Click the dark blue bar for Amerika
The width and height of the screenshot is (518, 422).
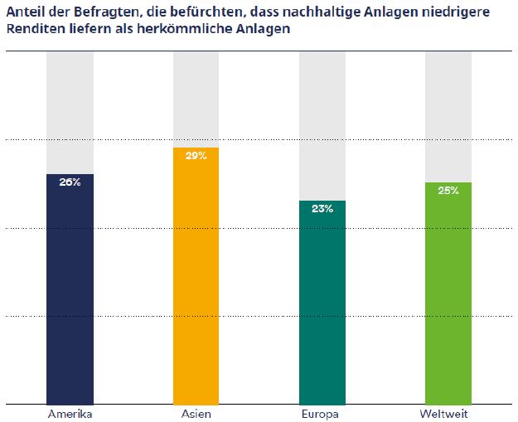point(70,290)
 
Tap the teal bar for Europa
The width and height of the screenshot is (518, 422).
point(322,303)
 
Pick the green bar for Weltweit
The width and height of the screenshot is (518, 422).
point(448,294)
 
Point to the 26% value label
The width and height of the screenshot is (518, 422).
point(70,182)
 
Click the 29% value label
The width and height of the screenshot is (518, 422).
point(196,155)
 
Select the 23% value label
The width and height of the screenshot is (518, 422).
point(322,208)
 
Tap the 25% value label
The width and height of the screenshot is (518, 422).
point(448,190)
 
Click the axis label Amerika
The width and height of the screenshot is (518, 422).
point(70,413)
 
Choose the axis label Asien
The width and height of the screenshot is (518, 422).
point(196,413)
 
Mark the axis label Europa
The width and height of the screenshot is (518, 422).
point(322,413)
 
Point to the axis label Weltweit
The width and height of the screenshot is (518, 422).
point(448,413)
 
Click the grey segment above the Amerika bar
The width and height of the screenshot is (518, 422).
point(70,112)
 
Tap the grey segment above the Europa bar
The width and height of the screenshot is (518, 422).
point(322,124)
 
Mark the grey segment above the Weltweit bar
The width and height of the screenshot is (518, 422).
point(448,116)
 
